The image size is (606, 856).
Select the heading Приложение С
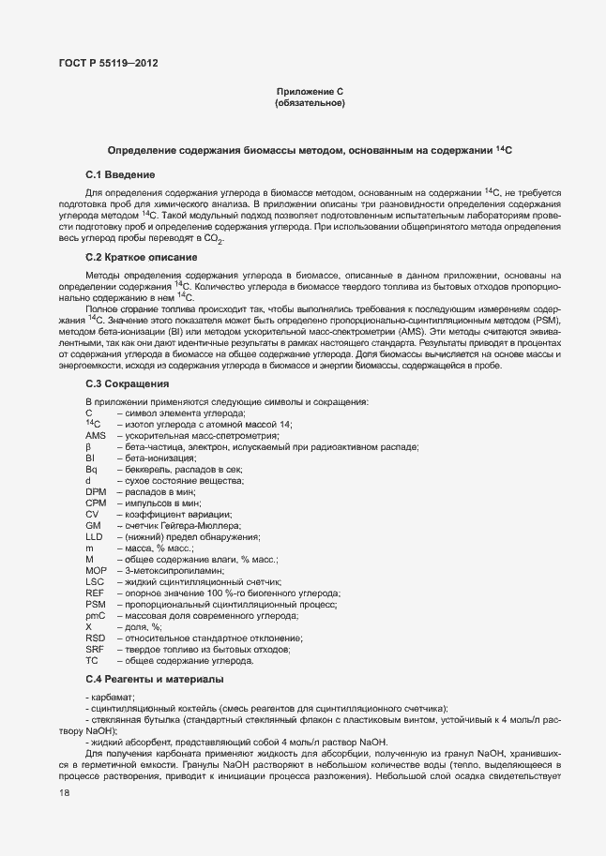(310, 91)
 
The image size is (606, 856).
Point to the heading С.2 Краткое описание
(141, 256)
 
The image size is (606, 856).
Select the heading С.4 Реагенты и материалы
(155, 678)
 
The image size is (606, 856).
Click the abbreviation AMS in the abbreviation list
(95, 436)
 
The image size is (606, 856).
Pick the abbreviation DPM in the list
(96, 491)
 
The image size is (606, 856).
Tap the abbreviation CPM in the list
(96, 503)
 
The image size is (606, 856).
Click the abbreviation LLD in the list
(94, 536)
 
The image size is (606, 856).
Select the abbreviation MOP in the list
(96, 570)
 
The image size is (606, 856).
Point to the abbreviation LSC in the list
(95, 581)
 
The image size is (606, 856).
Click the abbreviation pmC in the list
(95, 615)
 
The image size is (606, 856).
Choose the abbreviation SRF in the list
(95, 649)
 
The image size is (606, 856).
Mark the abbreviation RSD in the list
(95, 638)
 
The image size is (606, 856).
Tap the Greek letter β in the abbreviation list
(87, 447)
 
